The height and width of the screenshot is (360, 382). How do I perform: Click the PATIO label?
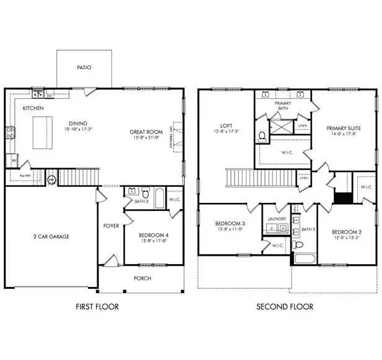[x=84, y=67]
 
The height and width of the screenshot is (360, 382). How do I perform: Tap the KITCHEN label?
[x=33, y=108]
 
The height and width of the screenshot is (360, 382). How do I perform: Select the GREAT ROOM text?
[x=146, y=132]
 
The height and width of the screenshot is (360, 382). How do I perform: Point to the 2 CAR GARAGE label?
[x=51, y=236]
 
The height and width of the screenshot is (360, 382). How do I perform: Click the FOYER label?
[x=111, y=226]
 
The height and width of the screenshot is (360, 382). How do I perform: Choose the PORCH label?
[x=142, y=278]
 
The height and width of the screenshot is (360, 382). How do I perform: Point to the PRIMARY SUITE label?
[x=344, y=128]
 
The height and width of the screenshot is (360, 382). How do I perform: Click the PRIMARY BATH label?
[x=283, y=106]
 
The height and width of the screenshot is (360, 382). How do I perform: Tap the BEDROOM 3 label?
[x=230, y=223]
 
